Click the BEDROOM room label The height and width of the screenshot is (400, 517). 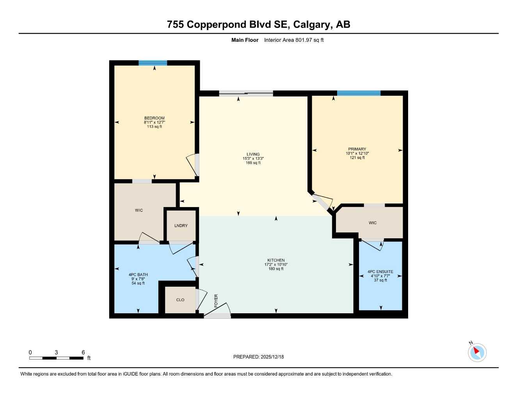[155, 118]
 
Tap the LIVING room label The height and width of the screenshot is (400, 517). [253, 154]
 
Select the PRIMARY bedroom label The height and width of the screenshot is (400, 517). [357, 149]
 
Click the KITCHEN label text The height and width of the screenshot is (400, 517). [276, 260]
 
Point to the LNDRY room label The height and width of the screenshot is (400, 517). [181, 226]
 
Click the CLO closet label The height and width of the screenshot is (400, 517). [180, 300]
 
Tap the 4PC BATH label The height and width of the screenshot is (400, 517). [138, 275]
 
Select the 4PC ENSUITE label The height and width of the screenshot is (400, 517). [380, 271]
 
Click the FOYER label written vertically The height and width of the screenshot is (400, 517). [216, 301]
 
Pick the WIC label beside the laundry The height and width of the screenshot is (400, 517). [139, 210]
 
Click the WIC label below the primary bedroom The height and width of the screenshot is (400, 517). [373, 223]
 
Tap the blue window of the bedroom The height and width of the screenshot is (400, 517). [153, 63]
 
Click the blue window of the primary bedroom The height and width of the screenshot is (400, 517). [359, 93]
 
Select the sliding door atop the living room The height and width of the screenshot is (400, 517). [246, 93]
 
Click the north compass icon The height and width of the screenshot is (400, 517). [477, 352]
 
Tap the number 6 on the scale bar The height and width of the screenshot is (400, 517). [83, 352]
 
